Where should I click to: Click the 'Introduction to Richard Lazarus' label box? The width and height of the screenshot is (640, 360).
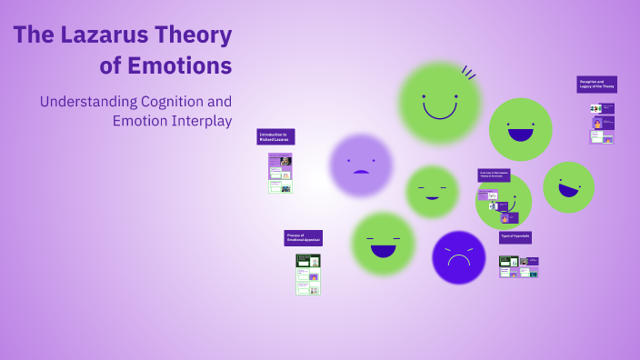point(275,136)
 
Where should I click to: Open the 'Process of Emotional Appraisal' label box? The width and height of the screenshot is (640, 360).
point(303,238)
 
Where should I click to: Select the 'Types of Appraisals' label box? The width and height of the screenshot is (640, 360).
point(515,236)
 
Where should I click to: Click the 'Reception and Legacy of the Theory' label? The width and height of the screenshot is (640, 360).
point(596,85)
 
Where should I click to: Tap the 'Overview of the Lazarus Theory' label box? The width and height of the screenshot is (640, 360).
point(494,175)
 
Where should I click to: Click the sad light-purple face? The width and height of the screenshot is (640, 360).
point(361,165)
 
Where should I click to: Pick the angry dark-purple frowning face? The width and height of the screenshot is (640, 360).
point(459,258)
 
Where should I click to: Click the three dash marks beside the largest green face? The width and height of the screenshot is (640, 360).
point(469,73)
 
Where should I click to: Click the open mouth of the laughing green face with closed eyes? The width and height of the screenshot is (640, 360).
point(383,250)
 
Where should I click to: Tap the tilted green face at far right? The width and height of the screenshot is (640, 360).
point(568,186)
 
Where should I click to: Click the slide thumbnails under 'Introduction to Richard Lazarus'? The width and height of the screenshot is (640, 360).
point(280,173)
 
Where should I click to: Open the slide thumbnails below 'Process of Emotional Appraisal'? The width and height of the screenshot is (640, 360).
point(307,274)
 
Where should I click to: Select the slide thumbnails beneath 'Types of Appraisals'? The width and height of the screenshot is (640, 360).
point(518,266)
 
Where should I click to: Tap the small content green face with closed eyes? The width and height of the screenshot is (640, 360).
point(432,192)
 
